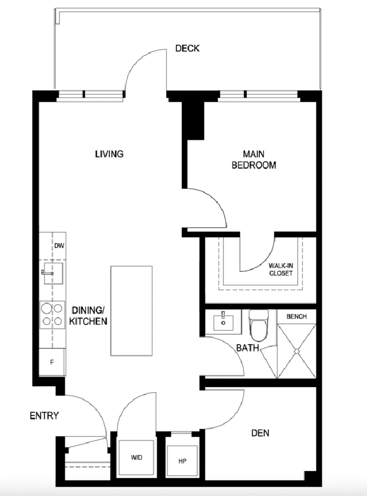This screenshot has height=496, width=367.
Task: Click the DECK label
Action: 188,48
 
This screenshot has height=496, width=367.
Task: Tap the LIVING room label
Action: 109,154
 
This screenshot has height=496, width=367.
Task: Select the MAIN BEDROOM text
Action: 254,160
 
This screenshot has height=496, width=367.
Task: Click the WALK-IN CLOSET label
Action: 281,269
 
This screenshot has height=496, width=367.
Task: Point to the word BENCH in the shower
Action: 296,316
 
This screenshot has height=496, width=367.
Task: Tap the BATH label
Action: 248,348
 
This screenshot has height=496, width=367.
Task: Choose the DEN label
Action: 260,433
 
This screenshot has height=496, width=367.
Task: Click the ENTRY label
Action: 44,415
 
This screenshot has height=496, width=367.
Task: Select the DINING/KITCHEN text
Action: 88,315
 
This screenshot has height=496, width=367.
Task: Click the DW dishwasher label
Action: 59,246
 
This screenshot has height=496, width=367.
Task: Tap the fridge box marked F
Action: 52,363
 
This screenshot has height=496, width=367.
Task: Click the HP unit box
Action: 182,461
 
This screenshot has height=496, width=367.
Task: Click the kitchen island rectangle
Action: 131,311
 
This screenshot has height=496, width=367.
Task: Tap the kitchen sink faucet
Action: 47,273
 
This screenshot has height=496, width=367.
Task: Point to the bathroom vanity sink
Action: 223,322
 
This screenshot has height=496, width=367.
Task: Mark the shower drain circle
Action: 296,351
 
